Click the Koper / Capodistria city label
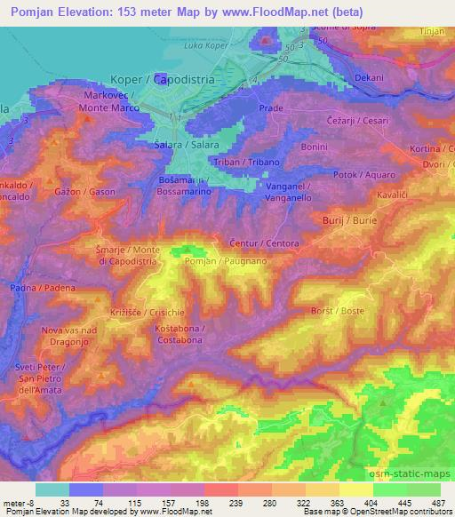click(x=162, y=78)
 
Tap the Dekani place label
click(x=368, y=77)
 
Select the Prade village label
click(x=270, y=107)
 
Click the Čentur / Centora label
click(x=264, y=243)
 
